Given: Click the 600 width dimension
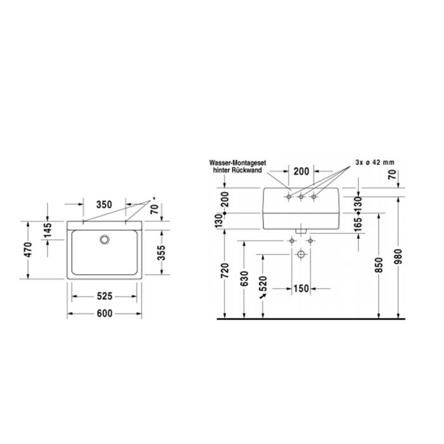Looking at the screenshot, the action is pos(105,313).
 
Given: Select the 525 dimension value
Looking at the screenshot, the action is pos(105,296).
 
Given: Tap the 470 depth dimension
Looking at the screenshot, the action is pos(28,250).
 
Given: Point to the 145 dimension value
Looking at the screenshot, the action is pos(48,230).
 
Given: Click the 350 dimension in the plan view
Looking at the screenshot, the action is pos(104,204).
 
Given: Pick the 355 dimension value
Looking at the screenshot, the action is pos(161,252).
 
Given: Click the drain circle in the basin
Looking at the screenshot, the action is pos(105,240).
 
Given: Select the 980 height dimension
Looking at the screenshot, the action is pos(398,256).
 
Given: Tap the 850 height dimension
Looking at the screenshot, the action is pos(379,265).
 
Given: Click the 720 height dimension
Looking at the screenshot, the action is pos(225,270).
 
